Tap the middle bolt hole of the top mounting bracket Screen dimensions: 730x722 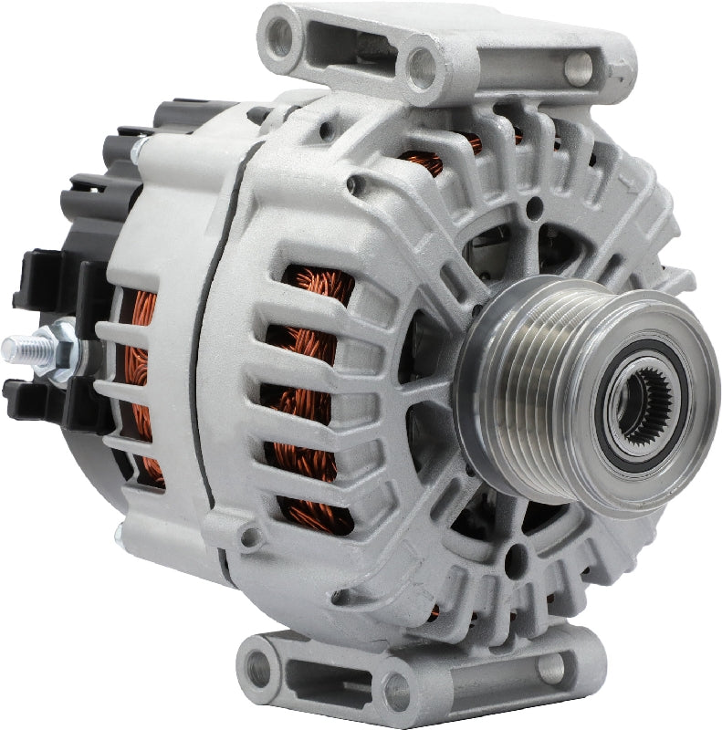pos(423,66)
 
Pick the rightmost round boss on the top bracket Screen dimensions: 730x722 pos(578,64)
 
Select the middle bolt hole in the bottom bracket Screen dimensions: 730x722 pos(402,692)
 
